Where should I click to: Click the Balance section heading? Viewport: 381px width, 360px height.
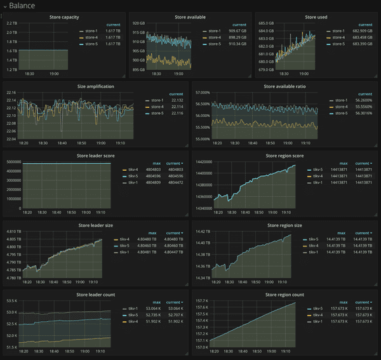(x=22, y=5)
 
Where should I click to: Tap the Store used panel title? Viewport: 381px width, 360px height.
(x=316, y=17)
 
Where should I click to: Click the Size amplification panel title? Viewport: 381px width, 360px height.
(x=95, y=86)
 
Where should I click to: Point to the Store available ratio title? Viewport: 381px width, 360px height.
(x=286, y=86)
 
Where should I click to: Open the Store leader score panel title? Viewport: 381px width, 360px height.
(x=95, y=155)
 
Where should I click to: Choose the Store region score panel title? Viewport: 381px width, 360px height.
(x=286, y=155)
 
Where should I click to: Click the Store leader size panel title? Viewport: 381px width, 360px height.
(x=95, y=225)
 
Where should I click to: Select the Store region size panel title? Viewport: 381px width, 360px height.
(x=286, y=225)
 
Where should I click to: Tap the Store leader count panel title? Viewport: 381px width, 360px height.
(x=95, y=295)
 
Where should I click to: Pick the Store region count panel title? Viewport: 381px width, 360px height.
(x=286, y=295)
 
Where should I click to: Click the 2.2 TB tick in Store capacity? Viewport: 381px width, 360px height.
(x=11, y=23)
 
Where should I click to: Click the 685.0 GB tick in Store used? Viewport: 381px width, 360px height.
(x=266, y=23)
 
